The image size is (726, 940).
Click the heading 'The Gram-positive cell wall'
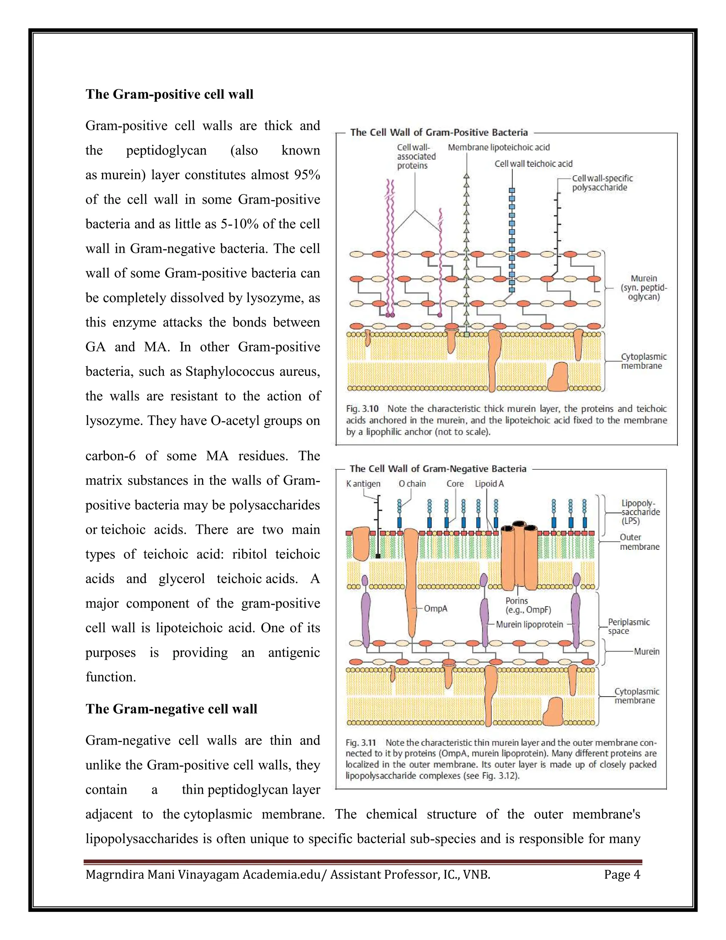click(169, 94)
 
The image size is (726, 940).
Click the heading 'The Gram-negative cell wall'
click(171, 709)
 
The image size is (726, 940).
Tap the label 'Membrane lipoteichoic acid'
click(498, 148)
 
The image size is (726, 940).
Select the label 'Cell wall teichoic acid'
click(533, 164)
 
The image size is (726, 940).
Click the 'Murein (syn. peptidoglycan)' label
click(643, 288)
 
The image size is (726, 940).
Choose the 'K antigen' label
click(363, 484)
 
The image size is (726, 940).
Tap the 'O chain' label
click(412, 484)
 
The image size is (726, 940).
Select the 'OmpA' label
click(435, 609)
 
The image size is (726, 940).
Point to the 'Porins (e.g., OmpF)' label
click(522, 605)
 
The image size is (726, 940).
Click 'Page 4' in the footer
click(622, 875)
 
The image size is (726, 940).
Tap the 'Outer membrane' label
click(639, 542)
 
